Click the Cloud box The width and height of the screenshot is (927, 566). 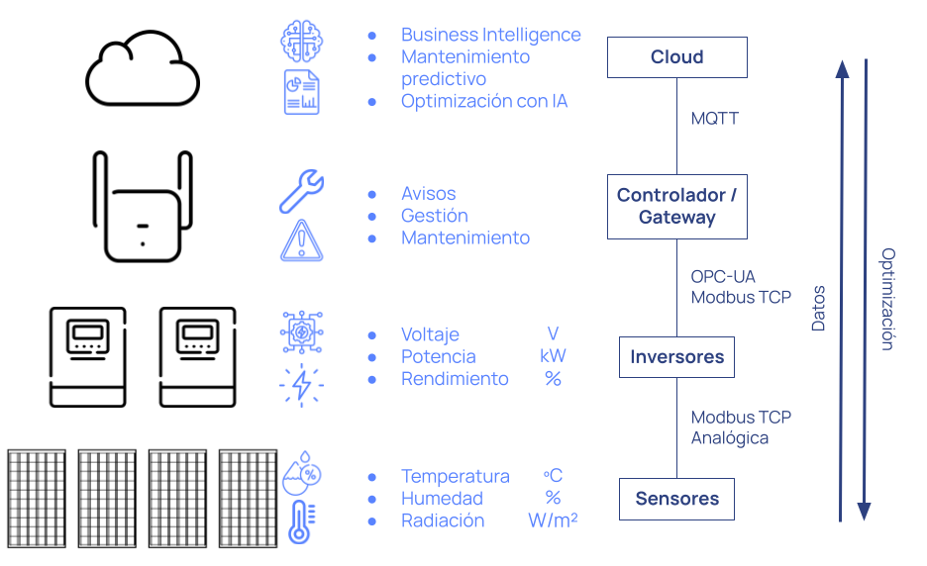(676, 57)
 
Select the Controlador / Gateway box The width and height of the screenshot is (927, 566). (676, 207)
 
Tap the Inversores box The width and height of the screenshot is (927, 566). (676, 357)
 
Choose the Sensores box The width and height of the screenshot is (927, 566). (676, 499)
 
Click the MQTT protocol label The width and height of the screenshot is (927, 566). (715, 119)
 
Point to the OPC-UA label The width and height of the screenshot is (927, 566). (723, 277)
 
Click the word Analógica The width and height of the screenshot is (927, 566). (730, 437)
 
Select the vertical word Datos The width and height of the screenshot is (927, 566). (819, 308)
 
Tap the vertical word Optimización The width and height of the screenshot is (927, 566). (887, 299)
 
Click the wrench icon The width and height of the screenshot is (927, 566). (301, 191)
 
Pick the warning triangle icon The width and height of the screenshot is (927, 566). (301, 240)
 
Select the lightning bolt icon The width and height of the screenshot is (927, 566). (301, 384)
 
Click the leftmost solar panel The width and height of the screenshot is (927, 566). (37, 498)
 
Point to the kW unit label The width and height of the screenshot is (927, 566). (553, 356)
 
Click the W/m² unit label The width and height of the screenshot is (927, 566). (553, 520)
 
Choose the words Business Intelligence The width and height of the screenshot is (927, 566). (490, 35)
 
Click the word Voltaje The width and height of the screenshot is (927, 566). (430, 334)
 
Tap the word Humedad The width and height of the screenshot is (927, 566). (442, 499)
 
